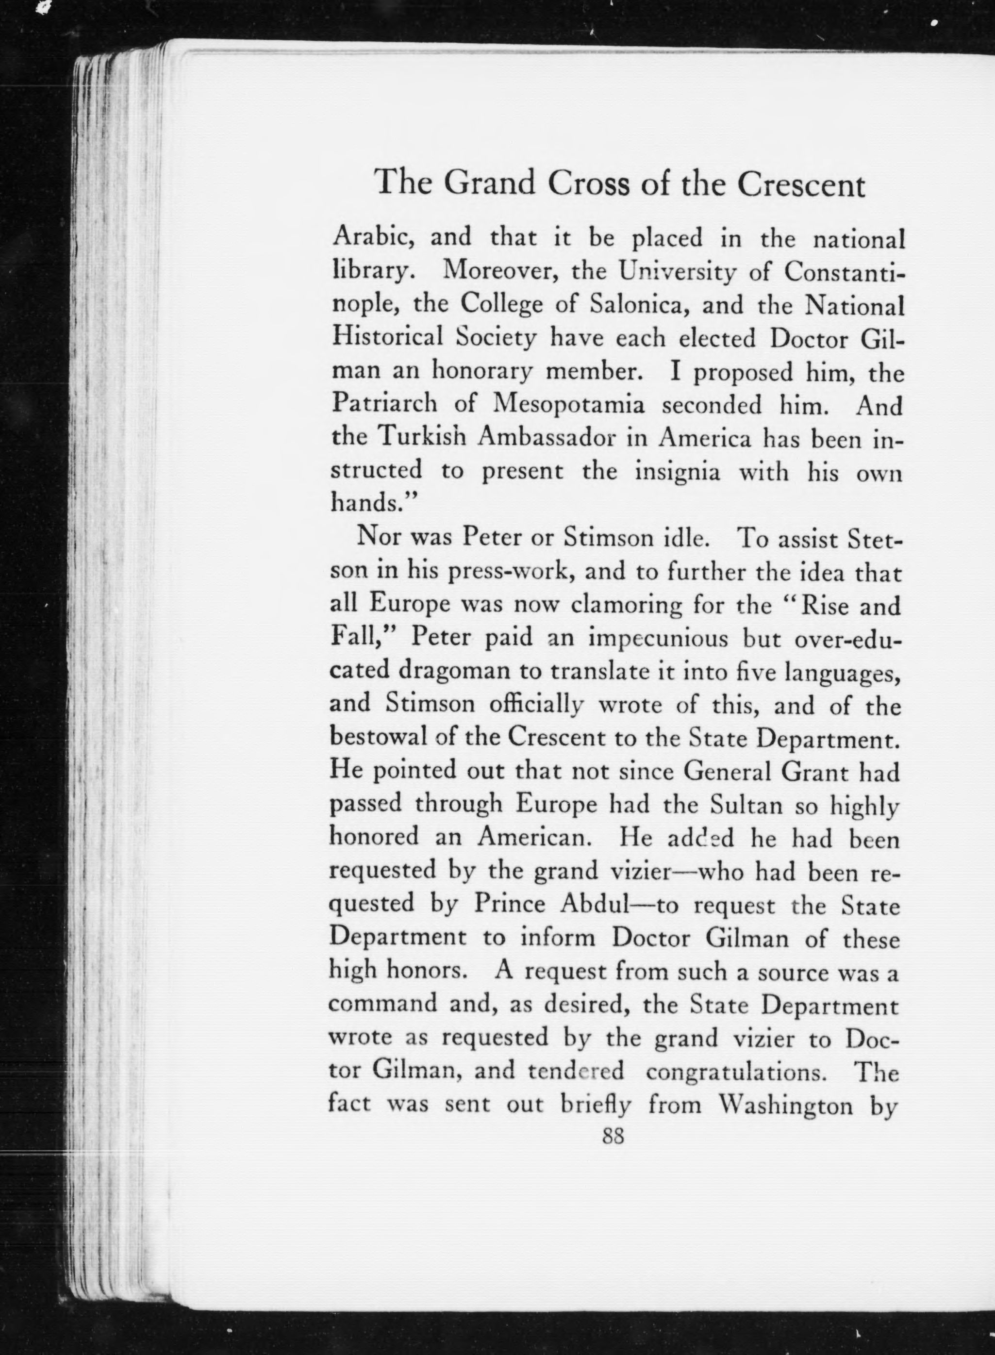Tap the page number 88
click(613, 1136)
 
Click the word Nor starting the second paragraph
click(378, 536)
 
